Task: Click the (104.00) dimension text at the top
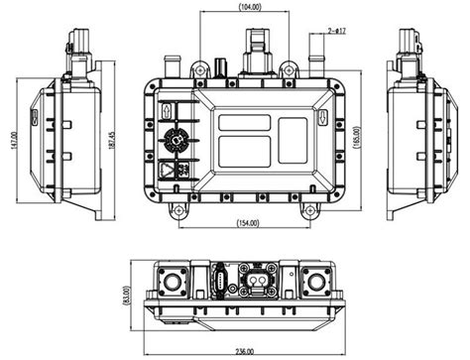223,7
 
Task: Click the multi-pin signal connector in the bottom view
220,282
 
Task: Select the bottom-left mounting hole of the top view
176,209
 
